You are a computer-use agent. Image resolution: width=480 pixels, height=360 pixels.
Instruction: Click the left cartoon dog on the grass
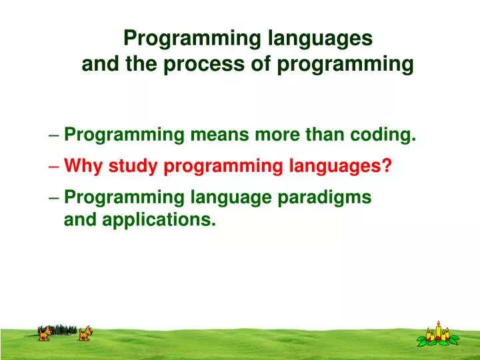[45, 333]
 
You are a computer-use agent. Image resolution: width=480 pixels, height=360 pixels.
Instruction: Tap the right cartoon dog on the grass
[85, 333]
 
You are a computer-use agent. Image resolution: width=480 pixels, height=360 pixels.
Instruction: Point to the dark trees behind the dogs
[65, 329]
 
